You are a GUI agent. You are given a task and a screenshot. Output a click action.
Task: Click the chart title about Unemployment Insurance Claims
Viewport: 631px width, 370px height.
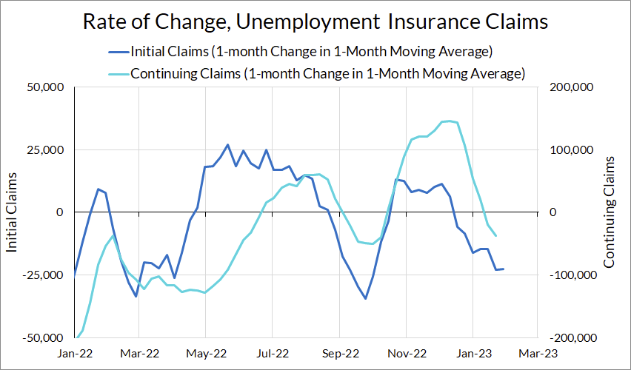[315, 22]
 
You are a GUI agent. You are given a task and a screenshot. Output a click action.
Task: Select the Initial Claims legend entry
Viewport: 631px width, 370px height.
[311, 53]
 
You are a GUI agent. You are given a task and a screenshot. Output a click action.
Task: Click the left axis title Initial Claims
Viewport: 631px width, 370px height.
[13, 212]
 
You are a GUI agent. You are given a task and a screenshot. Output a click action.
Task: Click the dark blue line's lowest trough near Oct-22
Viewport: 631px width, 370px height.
[365, 299]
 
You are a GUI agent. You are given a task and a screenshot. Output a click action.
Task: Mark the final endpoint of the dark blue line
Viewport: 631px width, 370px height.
[504, 269]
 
